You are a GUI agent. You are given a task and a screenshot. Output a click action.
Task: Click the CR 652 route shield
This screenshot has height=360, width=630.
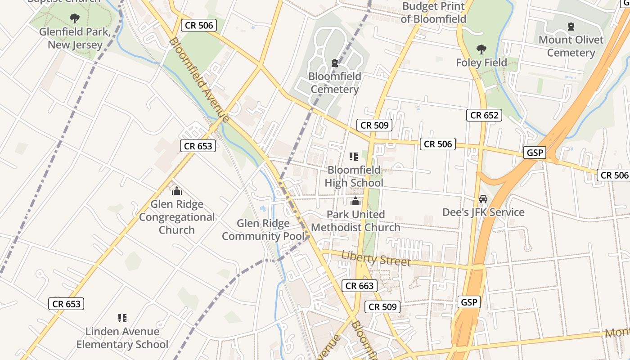[x=484, y=115]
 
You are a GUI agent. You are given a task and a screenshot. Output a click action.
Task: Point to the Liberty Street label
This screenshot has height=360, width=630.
[x=376, y=258]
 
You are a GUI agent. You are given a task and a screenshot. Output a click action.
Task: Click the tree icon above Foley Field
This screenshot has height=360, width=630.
[x=481, y=49]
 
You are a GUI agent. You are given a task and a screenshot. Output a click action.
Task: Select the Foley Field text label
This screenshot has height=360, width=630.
[x=481, y=63]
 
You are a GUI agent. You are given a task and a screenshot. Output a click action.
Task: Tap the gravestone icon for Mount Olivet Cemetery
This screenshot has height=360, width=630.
[x=571, y=27]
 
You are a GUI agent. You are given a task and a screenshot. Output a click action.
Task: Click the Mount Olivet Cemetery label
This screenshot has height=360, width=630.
[x=571, y=46]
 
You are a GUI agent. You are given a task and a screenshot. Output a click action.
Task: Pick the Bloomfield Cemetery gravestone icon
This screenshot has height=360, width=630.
[x=334, y=63]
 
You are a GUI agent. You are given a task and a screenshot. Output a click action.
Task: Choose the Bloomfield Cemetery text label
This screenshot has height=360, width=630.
[x=334, y=83]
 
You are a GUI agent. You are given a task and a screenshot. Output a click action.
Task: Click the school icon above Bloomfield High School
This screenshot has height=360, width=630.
[x=354, y=157]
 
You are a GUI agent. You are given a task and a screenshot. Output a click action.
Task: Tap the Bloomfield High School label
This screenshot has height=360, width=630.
[x=354, y=176]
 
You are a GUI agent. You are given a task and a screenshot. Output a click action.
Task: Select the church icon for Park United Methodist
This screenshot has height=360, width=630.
[x=355, y=201]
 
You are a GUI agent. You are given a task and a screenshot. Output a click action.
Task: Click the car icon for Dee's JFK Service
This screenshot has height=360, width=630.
[x=483, y=199]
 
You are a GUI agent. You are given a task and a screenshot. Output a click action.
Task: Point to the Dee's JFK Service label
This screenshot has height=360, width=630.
[x=483, y=212]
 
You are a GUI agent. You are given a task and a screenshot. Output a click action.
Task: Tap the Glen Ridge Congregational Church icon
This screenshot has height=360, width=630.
[x=177, y=191]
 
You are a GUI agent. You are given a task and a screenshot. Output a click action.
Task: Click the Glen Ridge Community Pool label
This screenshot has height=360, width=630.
[x=263, y=229]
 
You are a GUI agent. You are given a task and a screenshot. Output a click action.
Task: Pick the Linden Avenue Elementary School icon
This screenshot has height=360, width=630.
[x=122, y=318]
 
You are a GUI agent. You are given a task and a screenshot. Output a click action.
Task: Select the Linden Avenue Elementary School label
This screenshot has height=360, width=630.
[x=122, y=338]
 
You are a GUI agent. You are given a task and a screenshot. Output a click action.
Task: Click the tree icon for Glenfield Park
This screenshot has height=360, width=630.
[x=75, y=18]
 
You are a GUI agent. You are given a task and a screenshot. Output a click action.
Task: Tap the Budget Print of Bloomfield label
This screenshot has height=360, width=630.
[x=433, y=13]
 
